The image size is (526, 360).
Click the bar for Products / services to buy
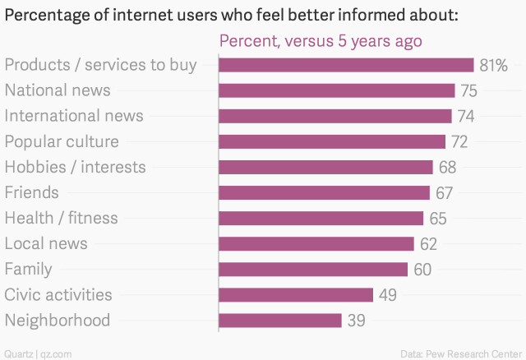(346, 65)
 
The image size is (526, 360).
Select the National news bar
(337, 90)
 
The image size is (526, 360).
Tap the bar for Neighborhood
(280, 321)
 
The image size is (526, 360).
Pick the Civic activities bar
(296, 295)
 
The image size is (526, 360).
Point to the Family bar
(313, 270)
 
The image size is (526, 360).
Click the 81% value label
(494, 65)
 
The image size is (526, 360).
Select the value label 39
(356, 321)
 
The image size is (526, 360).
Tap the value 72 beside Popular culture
(459, 142)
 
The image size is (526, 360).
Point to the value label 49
(388, 295)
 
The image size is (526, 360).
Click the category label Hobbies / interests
(75, 167)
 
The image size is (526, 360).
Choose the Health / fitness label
(61, 218)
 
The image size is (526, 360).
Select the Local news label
(46, 243)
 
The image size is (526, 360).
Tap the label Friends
(32, 192)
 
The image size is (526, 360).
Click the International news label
(74, 116)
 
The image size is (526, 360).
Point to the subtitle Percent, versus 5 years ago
(320, 41)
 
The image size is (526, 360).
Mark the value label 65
(437, 219)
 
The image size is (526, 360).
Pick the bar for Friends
(324, 192)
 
